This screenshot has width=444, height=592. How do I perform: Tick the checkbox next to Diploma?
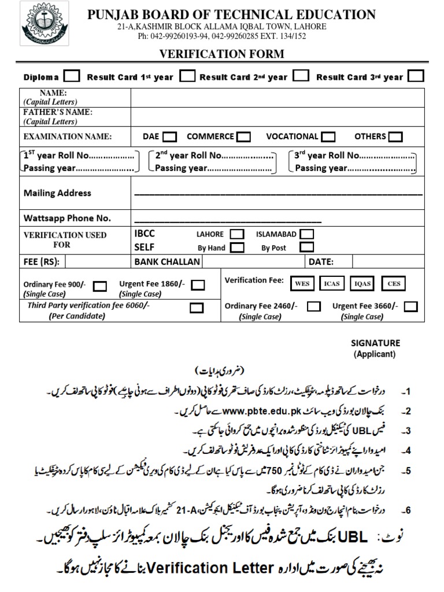72,76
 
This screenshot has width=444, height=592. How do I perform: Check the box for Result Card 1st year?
187,76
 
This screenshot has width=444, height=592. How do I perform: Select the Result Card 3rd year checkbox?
416,76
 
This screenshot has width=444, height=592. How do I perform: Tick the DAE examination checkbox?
169,137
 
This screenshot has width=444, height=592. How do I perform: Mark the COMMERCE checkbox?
243,137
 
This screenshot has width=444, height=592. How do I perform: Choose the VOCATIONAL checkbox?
328,137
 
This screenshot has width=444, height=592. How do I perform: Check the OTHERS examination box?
395,137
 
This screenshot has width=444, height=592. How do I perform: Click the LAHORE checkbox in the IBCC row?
236,234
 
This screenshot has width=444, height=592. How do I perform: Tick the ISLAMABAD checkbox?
307,234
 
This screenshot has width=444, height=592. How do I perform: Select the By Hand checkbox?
236,247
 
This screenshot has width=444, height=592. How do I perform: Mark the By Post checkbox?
307,247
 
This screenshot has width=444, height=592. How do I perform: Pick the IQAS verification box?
363,283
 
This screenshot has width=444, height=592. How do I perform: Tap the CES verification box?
394,283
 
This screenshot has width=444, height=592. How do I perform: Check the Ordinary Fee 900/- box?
100,286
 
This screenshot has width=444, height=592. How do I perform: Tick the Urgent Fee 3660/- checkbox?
411,306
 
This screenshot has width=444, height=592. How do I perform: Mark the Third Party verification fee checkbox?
197,308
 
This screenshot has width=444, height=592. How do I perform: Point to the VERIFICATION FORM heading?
221,54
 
